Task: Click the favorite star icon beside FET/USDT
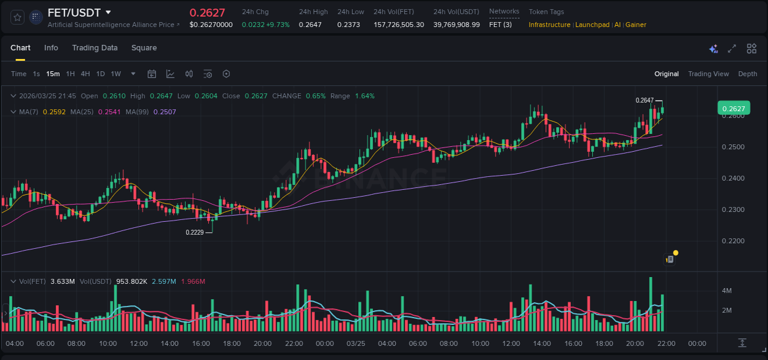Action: [x=18, y=17]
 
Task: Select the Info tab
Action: [x=51, y=48]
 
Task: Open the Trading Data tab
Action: [x=95, y=48]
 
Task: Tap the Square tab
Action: [x=144, y=48]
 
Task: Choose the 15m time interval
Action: [x=53, y=74]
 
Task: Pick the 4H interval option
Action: [x=85, y=74]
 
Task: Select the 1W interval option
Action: [x=116, y=74]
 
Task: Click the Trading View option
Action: [x=708, y=74]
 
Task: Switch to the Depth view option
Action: [x=748, y=74]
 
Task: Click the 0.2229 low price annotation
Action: [x=195, y=232]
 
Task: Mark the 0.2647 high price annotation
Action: [x=645, y=100]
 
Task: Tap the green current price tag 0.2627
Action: [x=734, y=109]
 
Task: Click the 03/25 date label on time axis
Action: [x=356, y=343]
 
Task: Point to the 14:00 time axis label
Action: [x=170, y=343]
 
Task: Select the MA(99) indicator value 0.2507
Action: [x=165, y=112]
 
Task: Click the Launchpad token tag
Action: [x=592, y=25]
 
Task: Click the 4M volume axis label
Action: [x=726, y=290]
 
